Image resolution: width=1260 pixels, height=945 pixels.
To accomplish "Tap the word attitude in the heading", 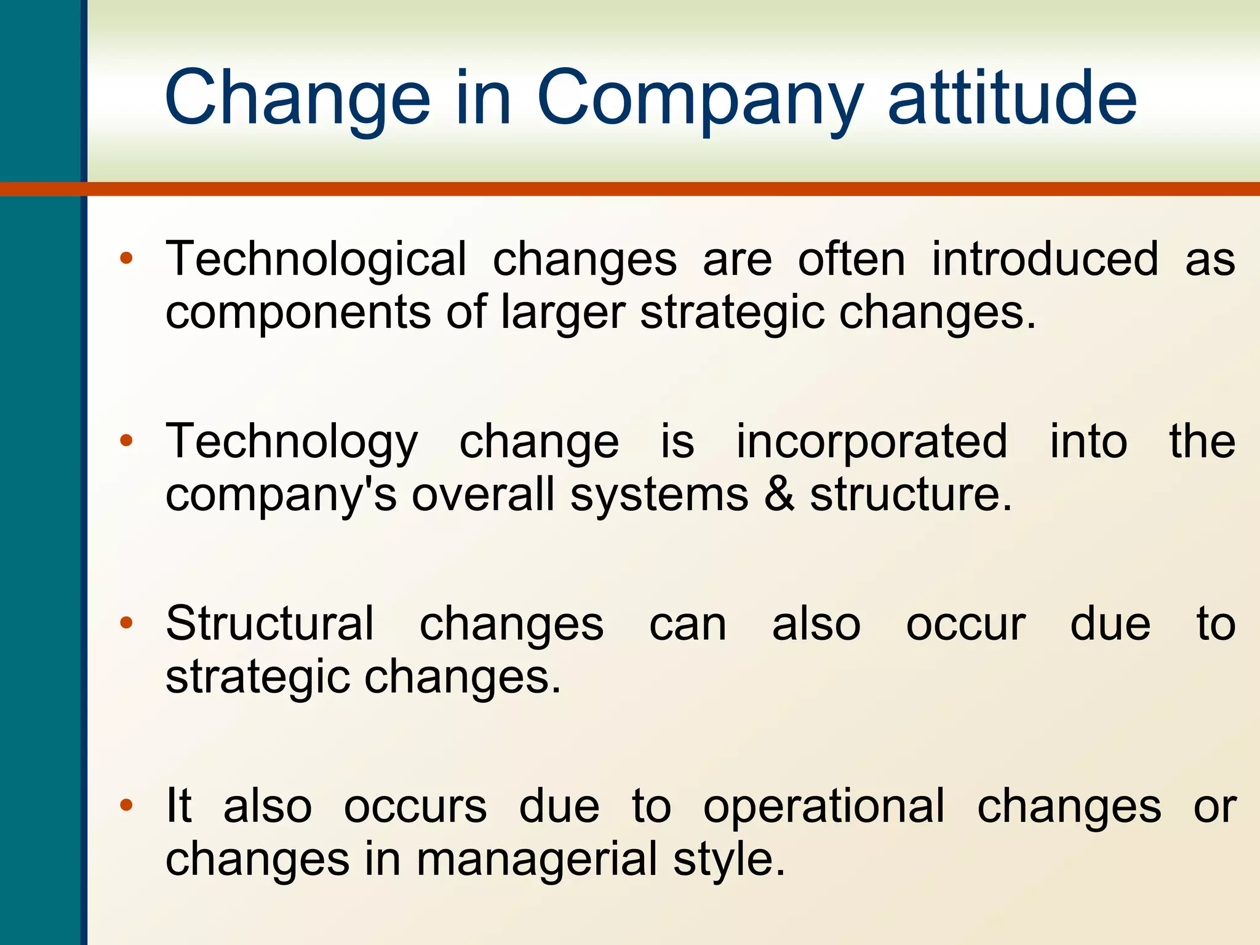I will (x=1012, y=98).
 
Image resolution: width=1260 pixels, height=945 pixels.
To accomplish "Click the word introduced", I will (x=1045, y=259).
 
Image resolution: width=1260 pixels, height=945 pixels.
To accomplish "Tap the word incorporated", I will (x=872, y=442).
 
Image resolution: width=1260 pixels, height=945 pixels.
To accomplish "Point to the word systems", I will (x=658, y=496).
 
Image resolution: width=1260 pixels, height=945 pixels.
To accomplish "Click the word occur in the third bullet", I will (x=965, y=625).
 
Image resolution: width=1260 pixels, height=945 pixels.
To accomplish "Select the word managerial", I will (x=536, y=859).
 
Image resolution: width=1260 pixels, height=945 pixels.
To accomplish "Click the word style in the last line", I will (x=728, y=861).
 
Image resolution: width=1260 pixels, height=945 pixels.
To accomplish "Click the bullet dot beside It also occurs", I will (x=126, y=805).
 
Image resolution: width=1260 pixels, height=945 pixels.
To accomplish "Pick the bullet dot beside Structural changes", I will (x=126, y=623).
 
